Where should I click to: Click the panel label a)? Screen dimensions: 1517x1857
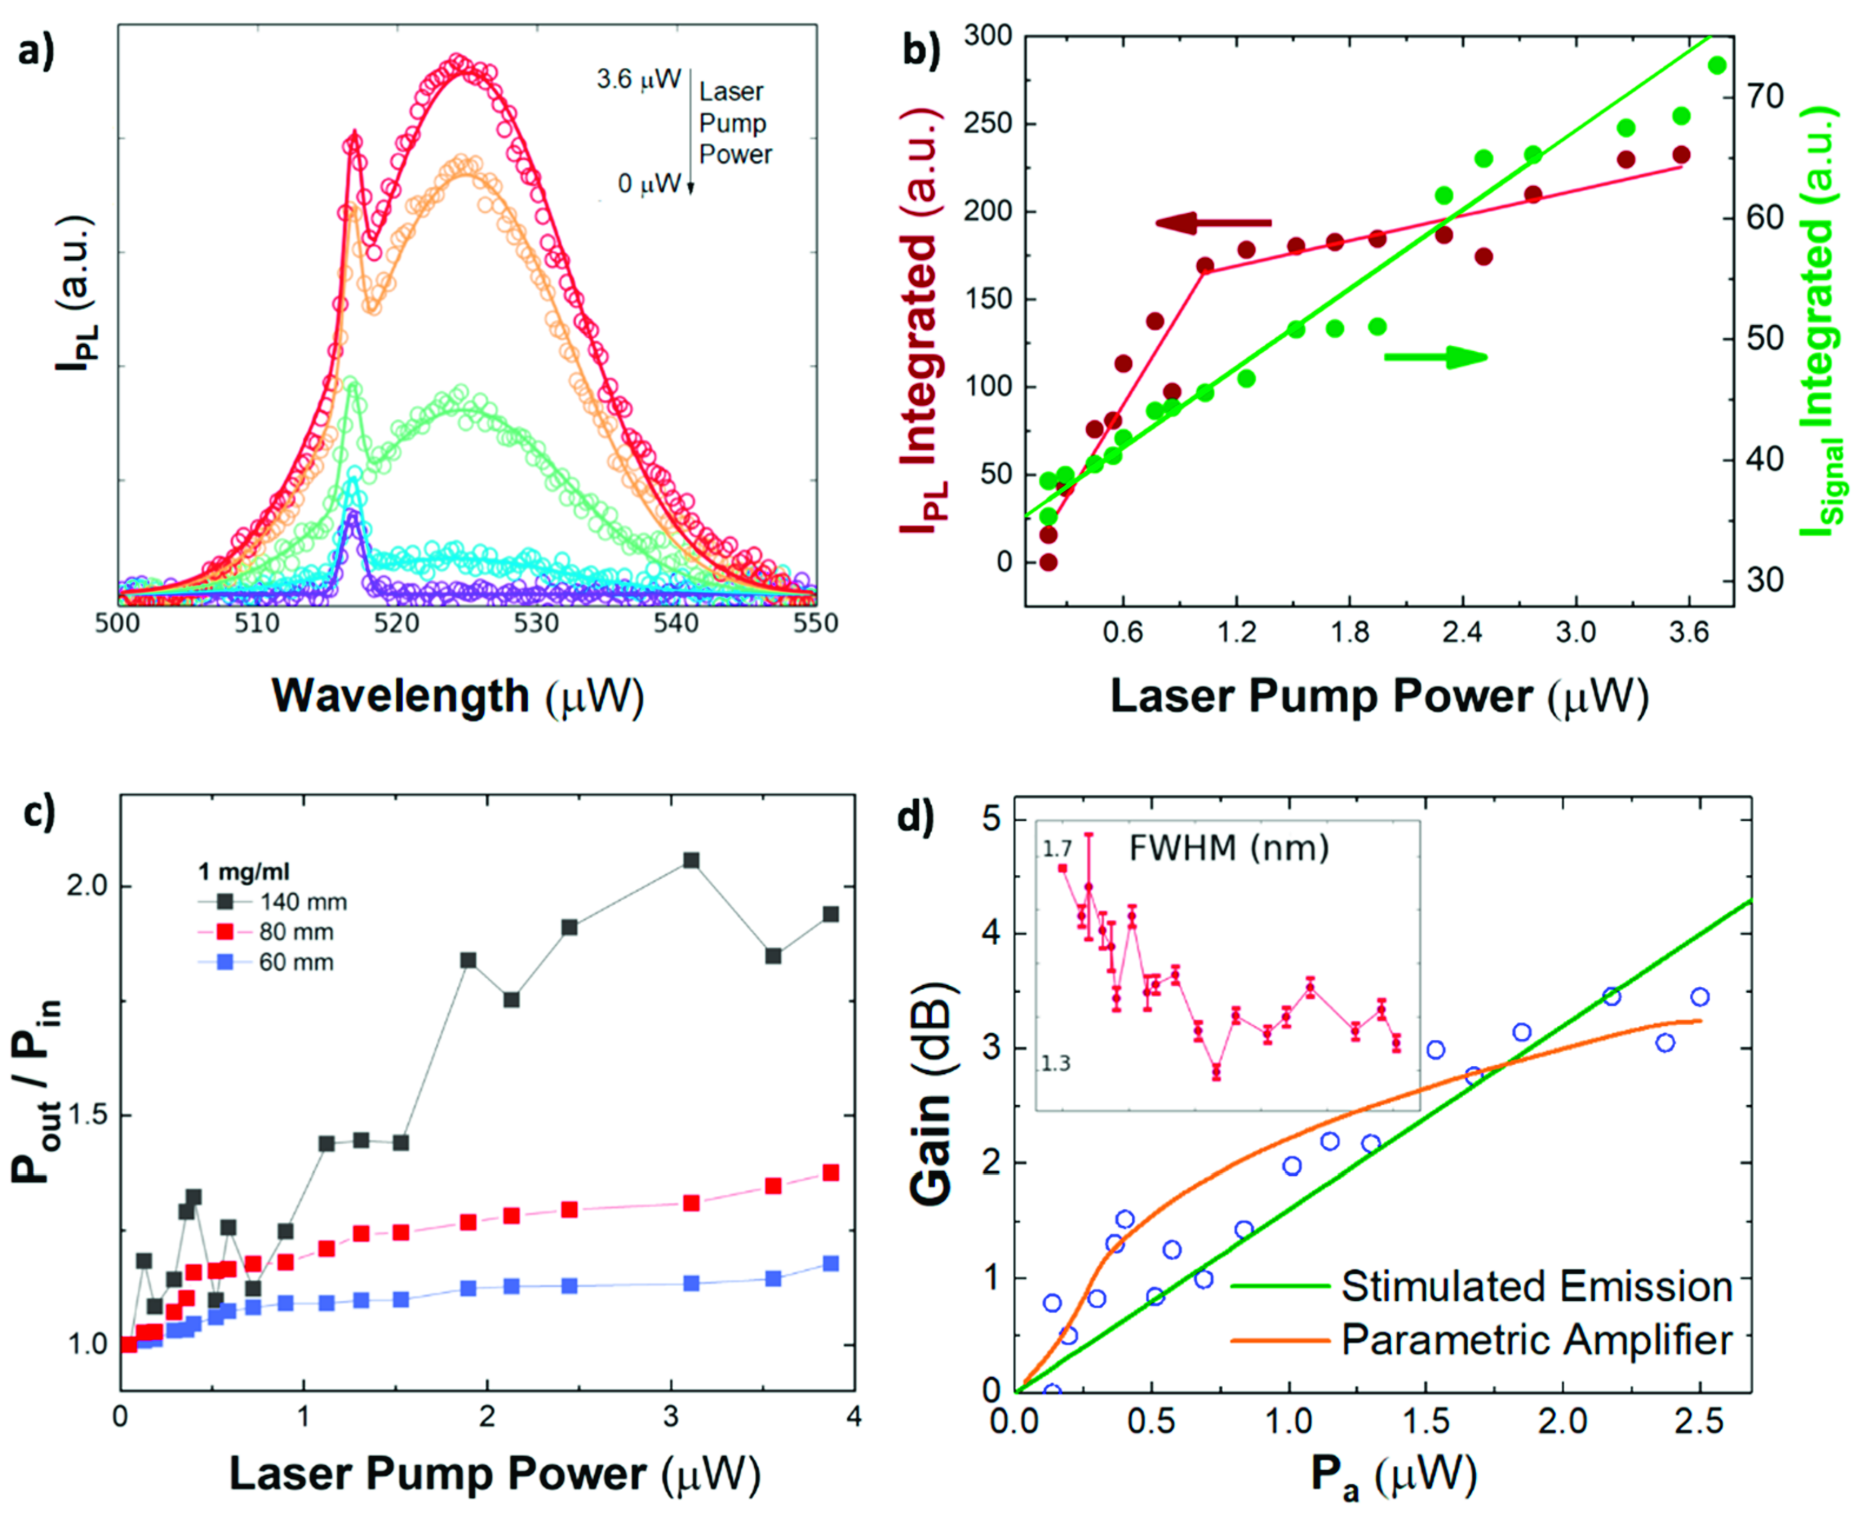(x=37, y=52)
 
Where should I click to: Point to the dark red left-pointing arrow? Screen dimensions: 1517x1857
(x=1213, y=223)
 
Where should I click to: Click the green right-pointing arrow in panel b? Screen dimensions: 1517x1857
(x=1436, y=357)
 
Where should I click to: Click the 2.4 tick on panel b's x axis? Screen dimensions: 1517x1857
(x=1462, y=631)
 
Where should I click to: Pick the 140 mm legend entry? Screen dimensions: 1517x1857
(x=303, y=902)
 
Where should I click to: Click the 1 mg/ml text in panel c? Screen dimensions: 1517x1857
(x=244, y=871)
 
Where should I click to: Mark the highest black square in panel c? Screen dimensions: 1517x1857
(x=691, y=861)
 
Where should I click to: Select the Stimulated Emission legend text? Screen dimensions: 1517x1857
(x=1536, y=1286)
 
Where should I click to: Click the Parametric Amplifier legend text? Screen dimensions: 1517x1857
(x=1536, y=1340)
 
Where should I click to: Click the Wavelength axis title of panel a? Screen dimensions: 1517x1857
(x=458, y=696)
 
